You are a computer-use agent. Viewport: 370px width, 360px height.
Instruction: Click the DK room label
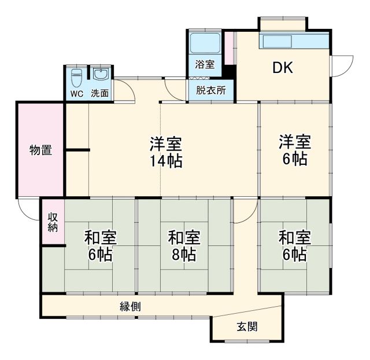[283, 68]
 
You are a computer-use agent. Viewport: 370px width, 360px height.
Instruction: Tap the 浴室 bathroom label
[204, 64]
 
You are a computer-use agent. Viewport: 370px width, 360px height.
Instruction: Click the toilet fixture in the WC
[76, 78]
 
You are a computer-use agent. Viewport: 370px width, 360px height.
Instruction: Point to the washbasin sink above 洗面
[100, 75]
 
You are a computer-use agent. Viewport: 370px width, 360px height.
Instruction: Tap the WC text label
[76, 93]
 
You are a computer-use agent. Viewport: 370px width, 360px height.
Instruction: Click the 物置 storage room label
[41, 150]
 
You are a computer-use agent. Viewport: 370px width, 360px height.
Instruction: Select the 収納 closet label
[53, 222]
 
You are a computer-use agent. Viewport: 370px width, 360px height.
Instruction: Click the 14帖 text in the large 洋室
[166, 161]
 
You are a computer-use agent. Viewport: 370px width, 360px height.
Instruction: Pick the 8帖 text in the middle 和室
[184, 254]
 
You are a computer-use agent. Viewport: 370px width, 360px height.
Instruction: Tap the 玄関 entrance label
[246, 327]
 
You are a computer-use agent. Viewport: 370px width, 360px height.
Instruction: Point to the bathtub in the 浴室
[204, 42]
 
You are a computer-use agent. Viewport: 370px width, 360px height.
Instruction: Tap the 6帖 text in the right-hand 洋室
[295, 160]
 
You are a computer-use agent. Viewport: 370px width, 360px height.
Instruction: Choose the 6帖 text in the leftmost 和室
[100, 254]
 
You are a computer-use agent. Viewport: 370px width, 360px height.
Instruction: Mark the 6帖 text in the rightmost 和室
[295, 254]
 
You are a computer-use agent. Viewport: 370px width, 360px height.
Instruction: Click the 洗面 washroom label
[100, 93]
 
